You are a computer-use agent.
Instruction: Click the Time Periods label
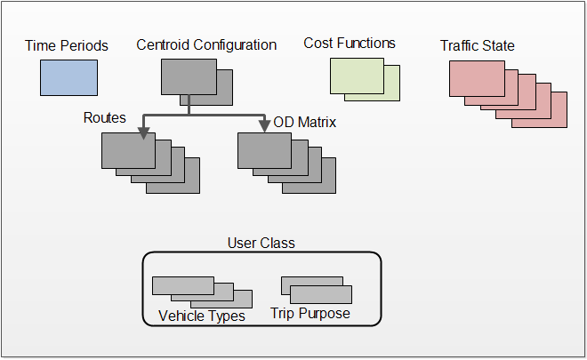click(x=66, y=45)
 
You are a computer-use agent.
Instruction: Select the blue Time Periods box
click(x=68, y=77)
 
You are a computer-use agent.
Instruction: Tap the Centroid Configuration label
click(x=206, y=44)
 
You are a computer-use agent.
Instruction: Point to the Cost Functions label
click(x=350, y=43)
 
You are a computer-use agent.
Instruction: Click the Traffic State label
click(x=478, y=44)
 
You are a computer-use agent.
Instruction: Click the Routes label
click(x=105, y=118)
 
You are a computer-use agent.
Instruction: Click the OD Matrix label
click(x=305, y=122)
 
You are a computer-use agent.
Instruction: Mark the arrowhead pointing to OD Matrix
click(x=262, y=127)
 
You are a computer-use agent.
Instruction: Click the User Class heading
click(x=261, y=243)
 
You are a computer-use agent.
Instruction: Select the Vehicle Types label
click(x=201, y=316)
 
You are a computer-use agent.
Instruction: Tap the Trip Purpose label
click(x=310, y=314)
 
